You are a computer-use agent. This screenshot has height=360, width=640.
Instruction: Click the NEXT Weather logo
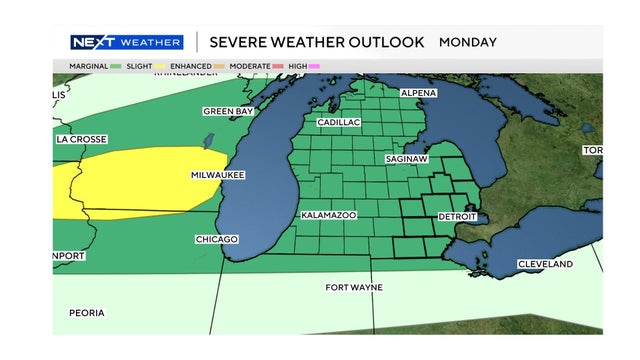(127, 42)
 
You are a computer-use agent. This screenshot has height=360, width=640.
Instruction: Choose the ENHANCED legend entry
(190, 66)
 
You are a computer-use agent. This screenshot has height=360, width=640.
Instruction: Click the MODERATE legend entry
(252, 66)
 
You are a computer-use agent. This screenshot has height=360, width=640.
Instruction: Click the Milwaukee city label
(218, 175)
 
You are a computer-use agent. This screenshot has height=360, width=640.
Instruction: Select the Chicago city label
(217, 240)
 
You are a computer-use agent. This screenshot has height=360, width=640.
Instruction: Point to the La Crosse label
(81, 139)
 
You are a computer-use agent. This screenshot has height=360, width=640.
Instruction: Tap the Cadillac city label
(339, 122)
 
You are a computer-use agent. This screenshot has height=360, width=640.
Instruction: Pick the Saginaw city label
(408, 159)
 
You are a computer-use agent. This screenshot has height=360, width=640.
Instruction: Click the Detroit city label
(457, 217)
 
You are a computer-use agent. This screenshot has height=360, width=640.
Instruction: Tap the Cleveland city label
(545, 264)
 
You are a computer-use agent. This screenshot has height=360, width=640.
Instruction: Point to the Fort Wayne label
(354, 288)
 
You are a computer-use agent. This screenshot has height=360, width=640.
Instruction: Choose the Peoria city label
(86, 313)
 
